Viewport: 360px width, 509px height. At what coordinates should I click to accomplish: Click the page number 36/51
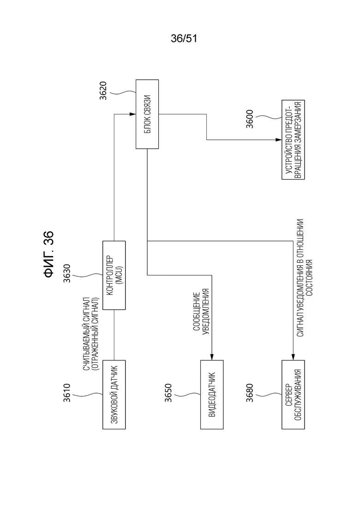point(184,39)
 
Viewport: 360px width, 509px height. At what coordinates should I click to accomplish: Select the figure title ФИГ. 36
point(48,254)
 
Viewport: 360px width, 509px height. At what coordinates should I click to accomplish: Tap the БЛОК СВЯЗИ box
point(147,114)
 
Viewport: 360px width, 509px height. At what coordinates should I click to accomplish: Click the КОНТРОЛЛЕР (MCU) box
point(114,275)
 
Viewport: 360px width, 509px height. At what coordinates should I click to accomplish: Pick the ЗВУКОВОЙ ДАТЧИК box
point(114,395)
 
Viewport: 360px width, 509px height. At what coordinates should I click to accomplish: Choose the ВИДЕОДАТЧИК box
point(212,395)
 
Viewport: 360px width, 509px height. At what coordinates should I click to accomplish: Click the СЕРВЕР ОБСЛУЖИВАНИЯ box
point(293,395)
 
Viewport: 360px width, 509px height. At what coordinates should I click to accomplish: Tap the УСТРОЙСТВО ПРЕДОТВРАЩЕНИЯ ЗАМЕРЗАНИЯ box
point(293,139)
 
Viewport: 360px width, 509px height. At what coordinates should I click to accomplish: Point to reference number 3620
point(103,90)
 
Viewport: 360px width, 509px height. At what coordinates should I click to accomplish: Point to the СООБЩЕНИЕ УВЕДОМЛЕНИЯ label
point(201,311)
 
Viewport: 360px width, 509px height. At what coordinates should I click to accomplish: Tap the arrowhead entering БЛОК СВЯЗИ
point(132,114)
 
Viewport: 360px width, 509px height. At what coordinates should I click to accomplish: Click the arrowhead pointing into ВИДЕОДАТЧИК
point(212,357)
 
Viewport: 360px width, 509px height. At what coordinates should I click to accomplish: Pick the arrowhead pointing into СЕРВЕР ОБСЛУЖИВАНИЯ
point(293,357)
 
